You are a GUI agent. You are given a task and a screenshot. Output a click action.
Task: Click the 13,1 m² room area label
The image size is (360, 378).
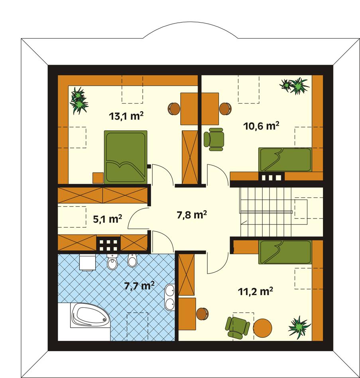pos(126,116)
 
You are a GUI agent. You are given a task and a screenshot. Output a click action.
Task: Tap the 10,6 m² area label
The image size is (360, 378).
pos(261,126)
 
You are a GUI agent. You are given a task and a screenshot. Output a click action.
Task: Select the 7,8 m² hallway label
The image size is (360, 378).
pos(191,215)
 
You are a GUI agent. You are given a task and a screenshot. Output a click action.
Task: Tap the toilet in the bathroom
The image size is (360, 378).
pos(112,262)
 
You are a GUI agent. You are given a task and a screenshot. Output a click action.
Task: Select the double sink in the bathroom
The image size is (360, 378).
pos(170,297)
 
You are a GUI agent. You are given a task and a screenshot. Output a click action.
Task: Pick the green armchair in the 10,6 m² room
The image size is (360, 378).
pos(214,139)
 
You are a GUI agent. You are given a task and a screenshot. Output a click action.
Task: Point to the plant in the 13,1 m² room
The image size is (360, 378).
pos(79,100)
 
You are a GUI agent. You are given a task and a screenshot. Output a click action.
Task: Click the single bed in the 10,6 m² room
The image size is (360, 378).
pos(285,159)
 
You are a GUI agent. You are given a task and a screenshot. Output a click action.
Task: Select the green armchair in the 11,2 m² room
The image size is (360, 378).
pos(238,327)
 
